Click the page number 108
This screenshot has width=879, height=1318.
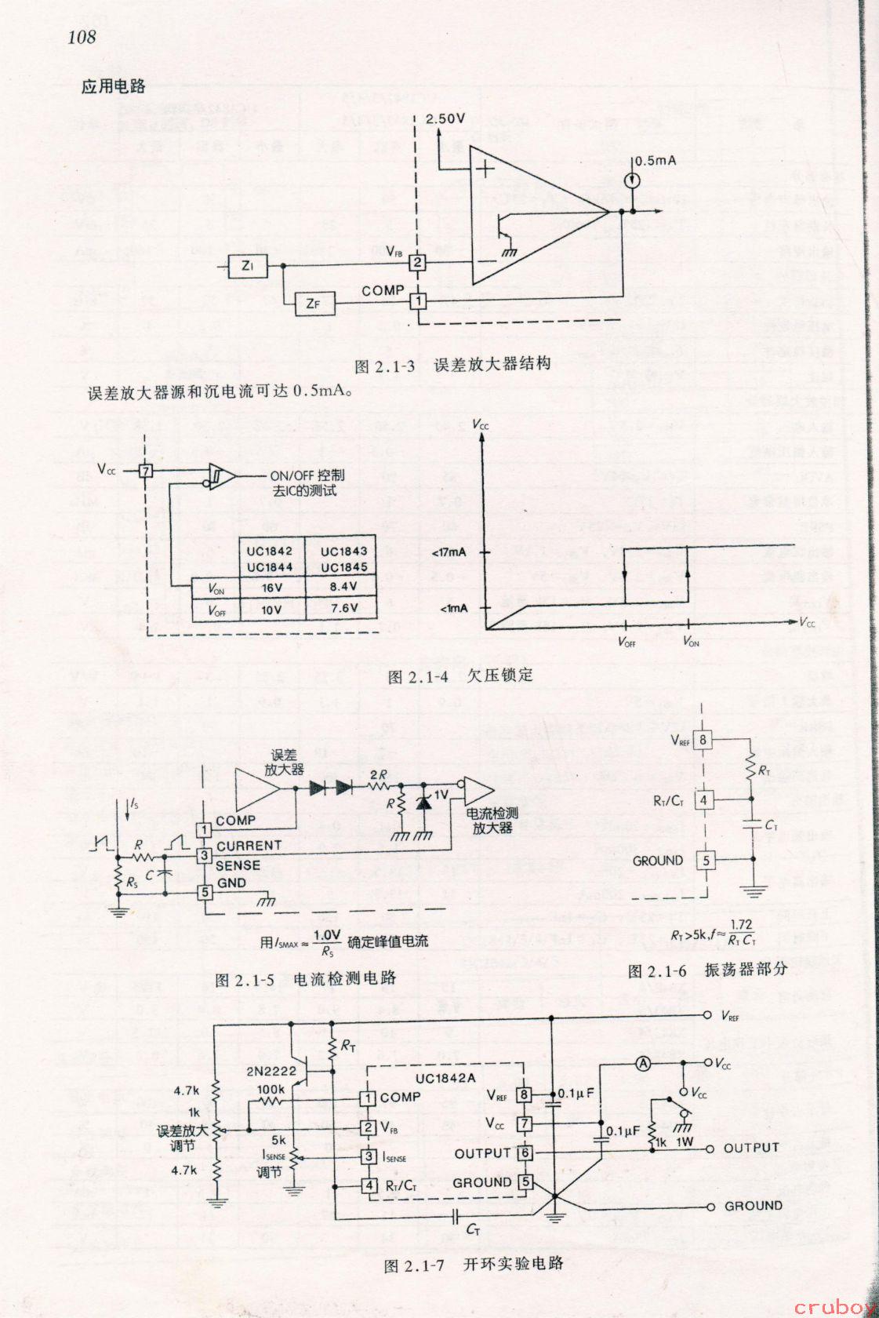point(82,37)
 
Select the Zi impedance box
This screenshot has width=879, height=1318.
point(248,266)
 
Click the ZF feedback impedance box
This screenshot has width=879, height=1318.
point(313,304)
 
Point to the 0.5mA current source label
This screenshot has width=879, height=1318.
point(655,161)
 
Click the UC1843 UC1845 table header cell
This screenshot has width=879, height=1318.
point(343,559)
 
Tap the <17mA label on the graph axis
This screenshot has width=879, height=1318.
point(449,552)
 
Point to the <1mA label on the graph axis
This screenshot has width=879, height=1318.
point(452,608)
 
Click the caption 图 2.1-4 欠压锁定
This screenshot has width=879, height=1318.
point(461,675)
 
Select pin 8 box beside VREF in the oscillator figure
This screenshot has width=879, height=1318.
point(703,739)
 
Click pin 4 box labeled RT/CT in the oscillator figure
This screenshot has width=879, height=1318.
point(704,800)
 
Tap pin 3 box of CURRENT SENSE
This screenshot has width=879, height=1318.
point(204,855)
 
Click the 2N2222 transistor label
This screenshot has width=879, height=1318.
point(271,1070)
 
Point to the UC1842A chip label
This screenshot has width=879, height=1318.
point(445,1077)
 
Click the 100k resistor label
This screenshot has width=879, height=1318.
point(271,1090)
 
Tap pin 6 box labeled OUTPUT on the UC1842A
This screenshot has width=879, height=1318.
point(525,1153)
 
